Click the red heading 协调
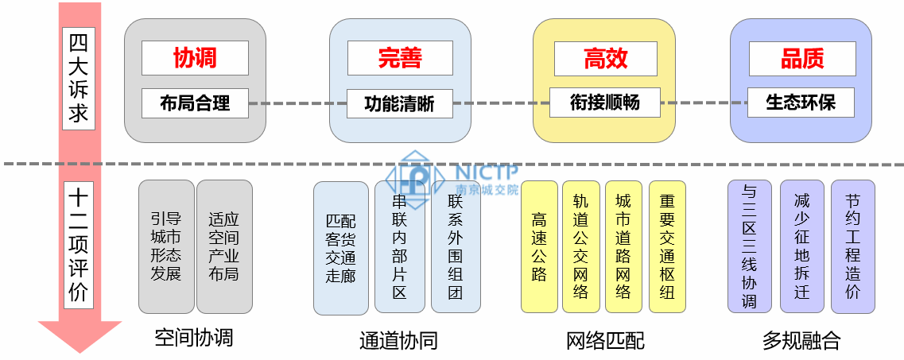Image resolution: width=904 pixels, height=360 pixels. pyautogui.click(x=195, y=57)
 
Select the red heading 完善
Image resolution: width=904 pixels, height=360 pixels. pyautogui.click(x=400, y=57)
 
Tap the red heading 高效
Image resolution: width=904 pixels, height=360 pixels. pyautogui.click(x=605, y=57)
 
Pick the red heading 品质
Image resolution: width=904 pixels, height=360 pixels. pyautogui.click(x=802, y=58)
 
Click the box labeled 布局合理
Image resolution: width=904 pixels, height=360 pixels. pyautogui.click(x=195, y=103)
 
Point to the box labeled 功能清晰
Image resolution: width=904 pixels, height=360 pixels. pyautogui.click(x=400, y=103)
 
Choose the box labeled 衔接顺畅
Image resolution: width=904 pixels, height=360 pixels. pyautogui.click(x=605, y=102)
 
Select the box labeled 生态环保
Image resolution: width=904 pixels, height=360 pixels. pyautogui.click(x=801, y=103)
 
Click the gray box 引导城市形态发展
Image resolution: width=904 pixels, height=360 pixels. pyautogui.click(x=166, y=246)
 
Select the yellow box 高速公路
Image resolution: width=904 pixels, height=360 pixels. pyautogui.click(x=540, y=247)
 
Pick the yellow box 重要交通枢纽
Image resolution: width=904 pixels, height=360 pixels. pyautogui.click(x=667, y=247)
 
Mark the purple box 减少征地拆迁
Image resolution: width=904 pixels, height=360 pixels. pyautogui.click(x=801, y=246)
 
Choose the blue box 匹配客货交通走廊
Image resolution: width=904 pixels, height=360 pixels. pyautogui.click(x=340, y=248)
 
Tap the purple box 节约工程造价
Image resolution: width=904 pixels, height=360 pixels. pyautogui.click(x=853, y=246)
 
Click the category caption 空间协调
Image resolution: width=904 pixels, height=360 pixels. pyautogui.click(x=194, y=338)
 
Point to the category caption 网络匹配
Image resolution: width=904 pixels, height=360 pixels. pyautogui.click(x=605, y=341)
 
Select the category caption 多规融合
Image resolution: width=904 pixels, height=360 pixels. pyautogui.click(x=801, y=341)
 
